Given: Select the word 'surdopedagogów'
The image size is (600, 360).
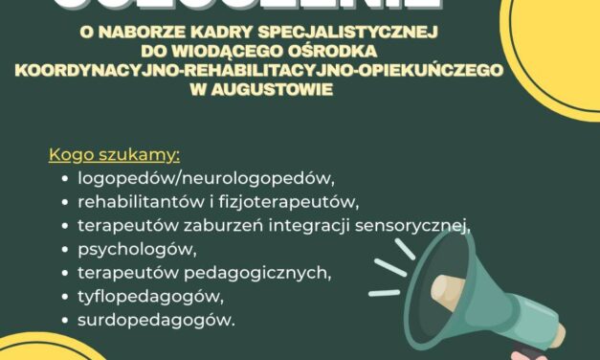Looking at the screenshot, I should (x=156, y=322).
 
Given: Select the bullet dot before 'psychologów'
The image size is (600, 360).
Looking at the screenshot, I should (x=63, y=251).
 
